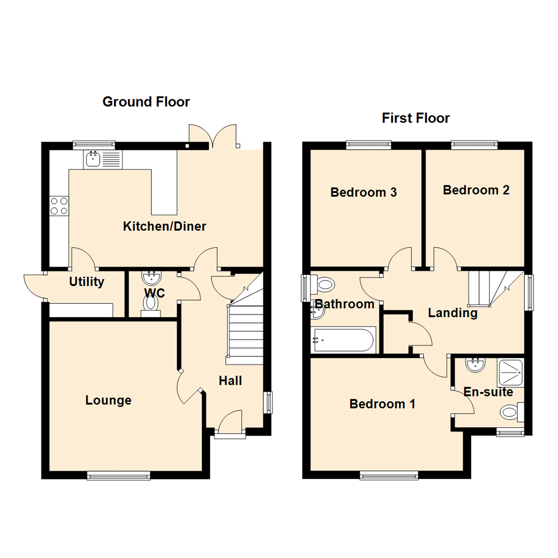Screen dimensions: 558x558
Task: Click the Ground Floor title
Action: click(146, 102)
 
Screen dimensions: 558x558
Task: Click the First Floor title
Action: click(416, 118)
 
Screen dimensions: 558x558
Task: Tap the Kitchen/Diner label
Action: click(164, 226)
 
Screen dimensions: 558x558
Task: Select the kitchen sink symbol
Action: click(94, 160)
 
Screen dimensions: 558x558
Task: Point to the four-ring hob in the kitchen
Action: click(59, 206)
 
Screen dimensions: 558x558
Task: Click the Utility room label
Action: click(87, 282)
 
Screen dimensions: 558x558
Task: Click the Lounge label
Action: click(109, 400)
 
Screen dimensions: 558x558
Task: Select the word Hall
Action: click(230, 381)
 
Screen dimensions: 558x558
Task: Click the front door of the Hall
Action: click(230, 423)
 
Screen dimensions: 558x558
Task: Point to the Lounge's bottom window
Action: click(118, 475)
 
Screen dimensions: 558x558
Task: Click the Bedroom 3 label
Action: click(364, 193)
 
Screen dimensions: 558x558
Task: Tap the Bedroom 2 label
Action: click(476, 190)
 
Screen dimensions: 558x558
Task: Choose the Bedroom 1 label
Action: click(382, 404)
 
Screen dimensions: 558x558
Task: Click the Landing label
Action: click(453, 313)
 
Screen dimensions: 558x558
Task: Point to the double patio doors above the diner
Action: click(213, 135)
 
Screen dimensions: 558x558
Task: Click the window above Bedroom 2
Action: click(474, 145)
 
